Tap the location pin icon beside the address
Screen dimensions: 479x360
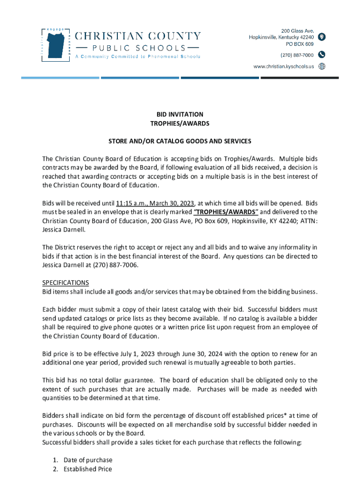click(x=322, y=37)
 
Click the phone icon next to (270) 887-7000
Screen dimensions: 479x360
click(x=322, y=54)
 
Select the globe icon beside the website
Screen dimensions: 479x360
click(x=322, y=66)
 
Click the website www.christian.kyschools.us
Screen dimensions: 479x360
click(x=283, y=66)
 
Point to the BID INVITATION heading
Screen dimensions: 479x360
click(x=180, y=114)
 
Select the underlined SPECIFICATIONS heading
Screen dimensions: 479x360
click(x=65, y=283)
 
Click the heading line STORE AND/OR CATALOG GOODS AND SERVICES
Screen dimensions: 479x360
click(x=180, y=141)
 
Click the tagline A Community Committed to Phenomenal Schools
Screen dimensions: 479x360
click(x=138, y=57)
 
